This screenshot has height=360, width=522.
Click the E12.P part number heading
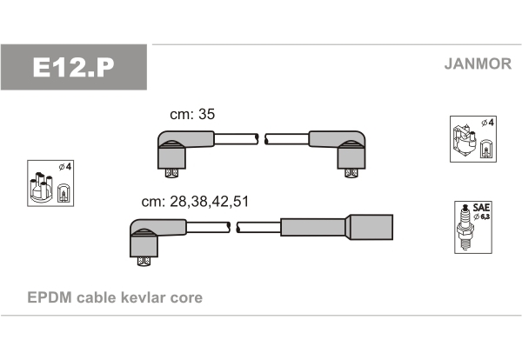tap(73, 67)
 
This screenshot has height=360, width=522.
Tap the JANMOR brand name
tap(478, 63)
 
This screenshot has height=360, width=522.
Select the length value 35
tap(206, 114)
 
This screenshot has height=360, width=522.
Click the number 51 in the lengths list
tap(241, 201)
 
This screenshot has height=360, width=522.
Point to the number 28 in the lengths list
tap(178, 201)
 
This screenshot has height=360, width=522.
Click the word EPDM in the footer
tap(50, 297)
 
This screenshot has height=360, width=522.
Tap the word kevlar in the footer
tap(143, 297)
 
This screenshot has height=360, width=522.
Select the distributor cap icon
tap(41, 187)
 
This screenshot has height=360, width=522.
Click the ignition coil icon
tap(464, 142)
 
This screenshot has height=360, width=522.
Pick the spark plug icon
tap(465, 228)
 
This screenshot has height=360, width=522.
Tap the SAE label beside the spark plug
tap(481, 208)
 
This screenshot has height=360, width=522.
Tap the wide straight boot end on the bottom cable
tap(371, 227)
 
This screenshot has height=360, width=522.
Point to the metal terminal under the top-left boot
tap(171, 173)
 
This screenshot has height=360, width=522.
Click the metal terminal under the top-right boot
tap(351, 173)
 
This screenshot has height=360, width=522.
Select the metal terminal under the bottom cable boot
tap(144, 261)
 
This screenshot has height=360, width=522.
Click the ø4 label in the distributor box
tap(65, 166)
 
